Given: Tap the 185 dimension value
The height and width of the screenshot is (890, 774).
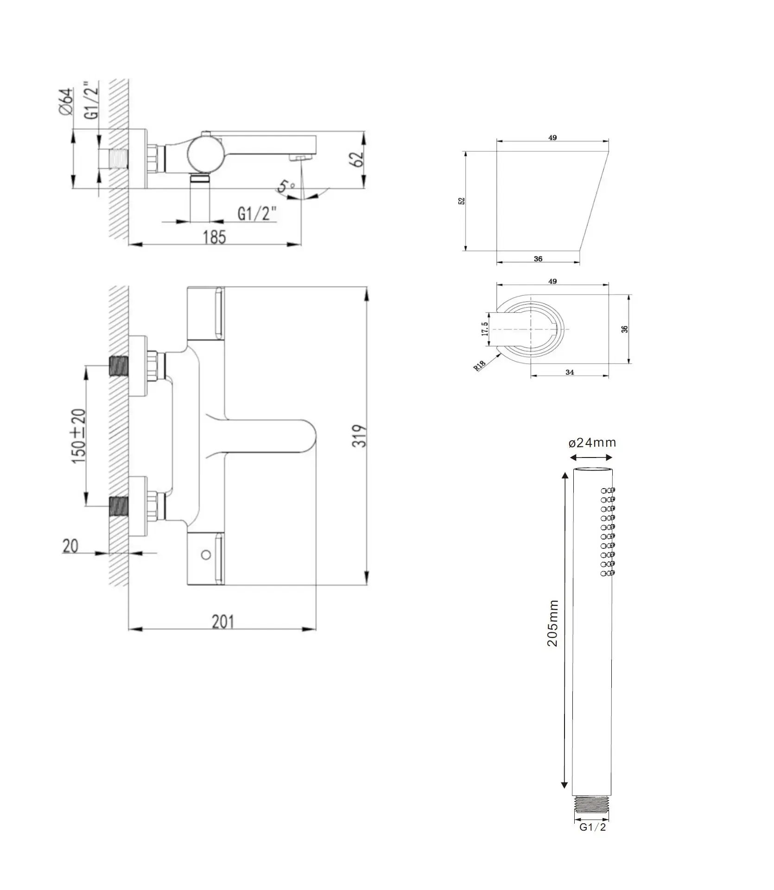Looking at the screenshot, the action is [x=214, y=237].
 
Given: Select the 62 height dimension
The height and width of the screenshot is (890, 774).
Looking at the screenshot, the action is [x=357, y=159].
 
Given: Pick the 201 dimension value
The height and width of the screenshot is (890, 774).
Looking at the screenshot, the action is [x=223, y=622].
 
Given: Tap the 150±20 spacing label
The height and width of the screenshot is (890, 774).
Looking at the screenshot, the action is [x=78, y=435].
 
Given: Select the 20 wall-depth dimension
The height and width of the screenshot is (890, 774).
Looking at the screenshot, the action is [x=70, y=546].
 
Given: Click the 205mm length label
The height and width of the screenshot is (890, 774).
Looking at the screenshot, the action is [x=552, y=623].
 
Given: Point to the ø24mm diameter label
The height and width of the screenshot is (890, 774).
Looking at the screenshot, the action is [x=592, y=442].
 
